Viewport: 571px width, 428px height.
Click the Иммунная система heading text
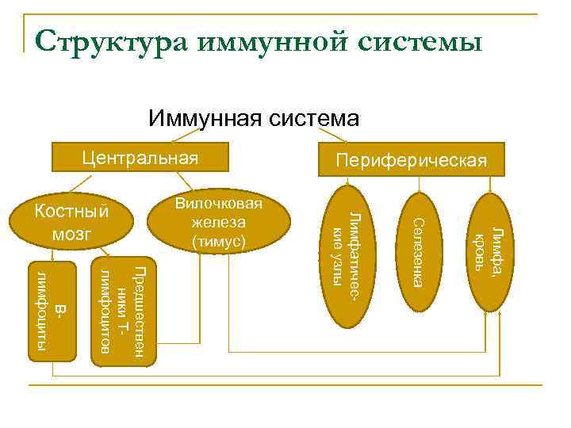point(253,119)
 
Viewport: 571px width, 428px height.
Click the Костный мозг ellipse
point(72,223)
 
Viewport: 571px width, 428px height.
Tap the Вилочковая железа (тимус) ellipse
point(219,223)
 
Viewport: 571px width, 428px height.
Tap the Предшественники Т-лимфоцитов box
point(124,311)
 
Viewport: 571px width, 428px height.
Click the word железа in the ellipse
point(219,222)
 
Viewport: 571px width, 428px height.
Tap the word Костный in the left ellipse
point(72,212)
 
